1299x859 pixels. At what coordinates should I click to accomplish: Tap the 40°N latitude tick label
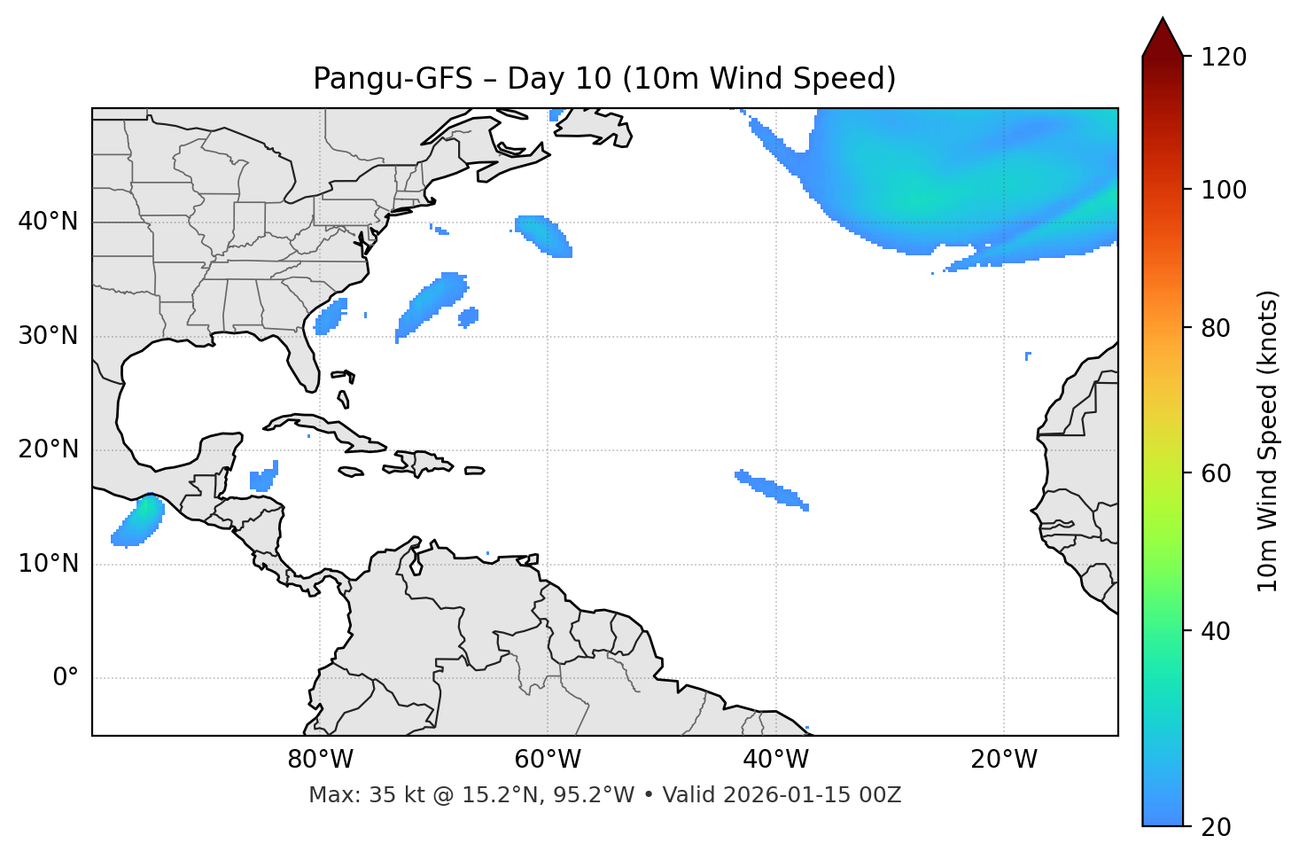tap(48, 222)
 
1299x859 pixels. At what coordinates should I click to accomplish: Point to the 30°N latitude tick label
tap(48, 336)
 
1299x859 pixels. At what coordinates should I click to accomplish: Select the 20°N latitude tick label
tap(48, 449)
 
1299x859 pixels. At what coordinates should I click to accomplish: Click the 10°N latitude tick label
tap(48, 564)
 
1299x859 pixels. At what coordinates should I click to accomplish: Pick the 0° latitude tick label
tap(66, 678)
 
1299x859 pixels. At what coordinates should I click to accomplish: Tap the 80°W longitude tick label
tap(320, 760)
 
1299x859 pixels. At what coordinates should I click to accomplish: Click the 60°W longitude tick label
tap(548, 760)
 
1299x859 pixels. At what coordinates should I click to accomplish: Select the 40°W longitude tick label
tap(776, 760)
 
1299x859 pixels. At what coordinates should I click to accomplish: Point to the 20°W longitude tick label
tap(1004, 760)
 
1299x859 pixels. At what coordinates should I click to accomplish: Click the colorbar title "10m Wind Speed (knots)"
tap(1268, 441)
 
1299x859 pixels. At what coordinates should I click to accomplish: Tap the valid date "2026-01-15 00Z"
tap(812, 795)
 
